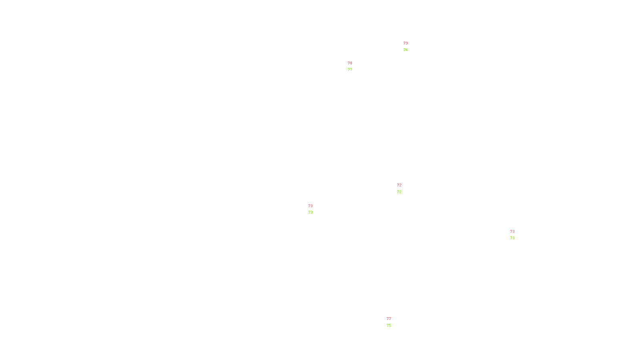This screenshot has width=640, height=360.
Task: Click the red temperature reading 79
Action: (406, 43)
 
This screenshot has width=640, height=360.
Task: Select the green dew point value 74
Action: (406, 50)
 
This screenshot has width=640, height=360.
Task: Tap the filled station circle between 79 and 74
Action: (409, 47)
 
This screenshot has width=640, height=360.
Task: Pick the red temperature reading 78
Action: (350, 63)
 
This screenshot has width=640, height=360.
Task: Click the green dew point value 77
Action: (350, 70)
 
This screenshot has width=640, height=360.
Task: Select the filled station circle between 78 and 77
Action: (354, 66)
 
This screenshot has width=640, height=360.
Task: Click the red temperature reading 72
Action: (399, 185)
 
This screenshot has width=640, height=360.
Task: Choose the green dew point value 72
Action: (399, 192)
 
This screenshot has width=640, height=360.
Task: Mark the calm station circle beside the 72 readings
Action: (403, 188)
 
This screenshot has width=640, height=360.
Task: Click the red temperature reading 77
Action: (389, 319)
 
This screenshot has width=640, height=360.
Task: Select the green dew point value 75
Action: (389, 326)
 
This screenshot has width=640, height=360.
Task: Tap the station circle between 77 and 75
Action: (392, 322)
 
